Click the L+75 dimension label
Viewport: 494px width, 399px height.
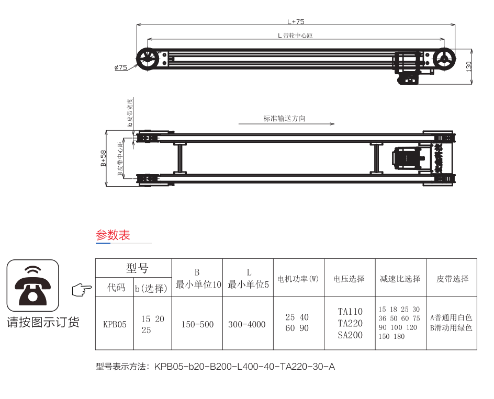[296, 22]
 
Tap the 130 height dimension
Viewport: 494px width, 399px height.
[469, 66]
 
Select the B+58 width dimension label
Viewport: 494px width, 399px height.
[104, 158]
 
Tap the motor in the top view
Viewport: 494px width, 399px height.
[407, 157]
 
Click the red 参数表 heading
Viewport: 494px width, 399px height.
[113, 235]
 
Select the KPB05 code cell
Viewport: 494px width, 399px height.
[115, 324]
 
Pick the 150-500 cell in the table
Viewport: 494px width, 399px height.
[197, 324]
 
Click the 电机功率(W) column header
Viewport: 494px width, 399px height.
[298, 279]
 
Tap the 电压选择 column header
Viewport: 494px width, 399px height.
[349, 279]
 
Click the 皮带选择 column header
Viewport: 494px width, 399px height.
[452, 279]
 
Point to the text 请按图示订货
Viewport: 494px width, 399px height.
[43, 322]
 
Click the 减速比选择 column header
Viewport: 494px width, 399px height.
[400, 279]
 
